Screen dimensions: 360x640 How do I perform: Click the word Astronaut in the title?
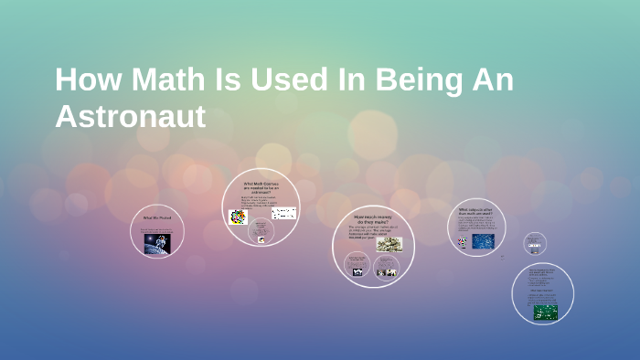point(131,117)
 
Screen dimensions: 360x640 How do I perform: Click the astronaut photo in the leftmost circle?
point(156,242)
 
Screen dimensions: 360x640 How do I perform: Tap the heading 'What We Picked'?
point(157,217)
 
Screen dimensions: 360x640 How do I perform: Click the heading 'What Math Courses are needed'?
point(261,187)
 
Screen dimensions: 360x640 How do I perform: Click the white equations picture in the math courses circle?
point(283,214)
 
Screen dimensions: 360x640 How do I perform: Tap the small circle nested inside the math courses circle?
point(261,234)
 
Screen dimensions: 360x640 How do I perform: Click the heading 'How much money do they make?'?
point(373,220)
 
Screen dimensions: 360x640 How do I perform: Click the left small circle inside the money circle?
point(358,266)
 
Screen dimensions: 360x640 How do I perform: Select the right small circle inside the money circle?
point(387,266)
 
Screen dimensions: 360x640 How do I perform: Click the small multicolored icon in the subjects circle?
point(463,242)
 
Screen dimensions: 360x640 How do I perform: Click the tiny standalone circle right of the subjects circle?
point(535,243)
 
